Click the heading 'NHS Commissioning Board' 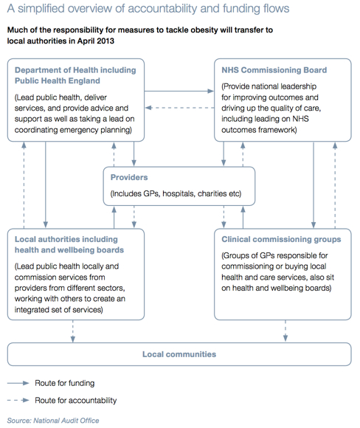274,70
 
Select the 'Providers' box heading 129,177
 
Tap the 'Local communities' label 179,354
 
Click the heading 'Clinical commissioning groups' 281,239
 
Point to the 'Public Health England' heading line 58,80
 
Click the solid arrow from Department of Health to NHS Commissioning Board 179,91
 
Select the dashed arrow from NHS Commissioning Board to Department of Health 179,108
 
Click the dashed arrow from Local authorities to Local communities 73,331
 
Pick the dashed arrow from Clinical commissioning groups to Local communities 285,331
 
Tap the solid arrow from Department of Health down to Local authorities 46,184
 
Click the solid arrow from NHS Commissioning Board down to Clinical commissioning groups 314,184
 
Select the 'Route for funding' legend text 65,383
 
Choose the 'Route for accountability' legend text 75,401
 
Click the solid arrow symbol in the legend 18,383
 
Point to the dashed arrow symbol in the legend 18,401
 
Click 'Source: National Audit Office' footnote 53,421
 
